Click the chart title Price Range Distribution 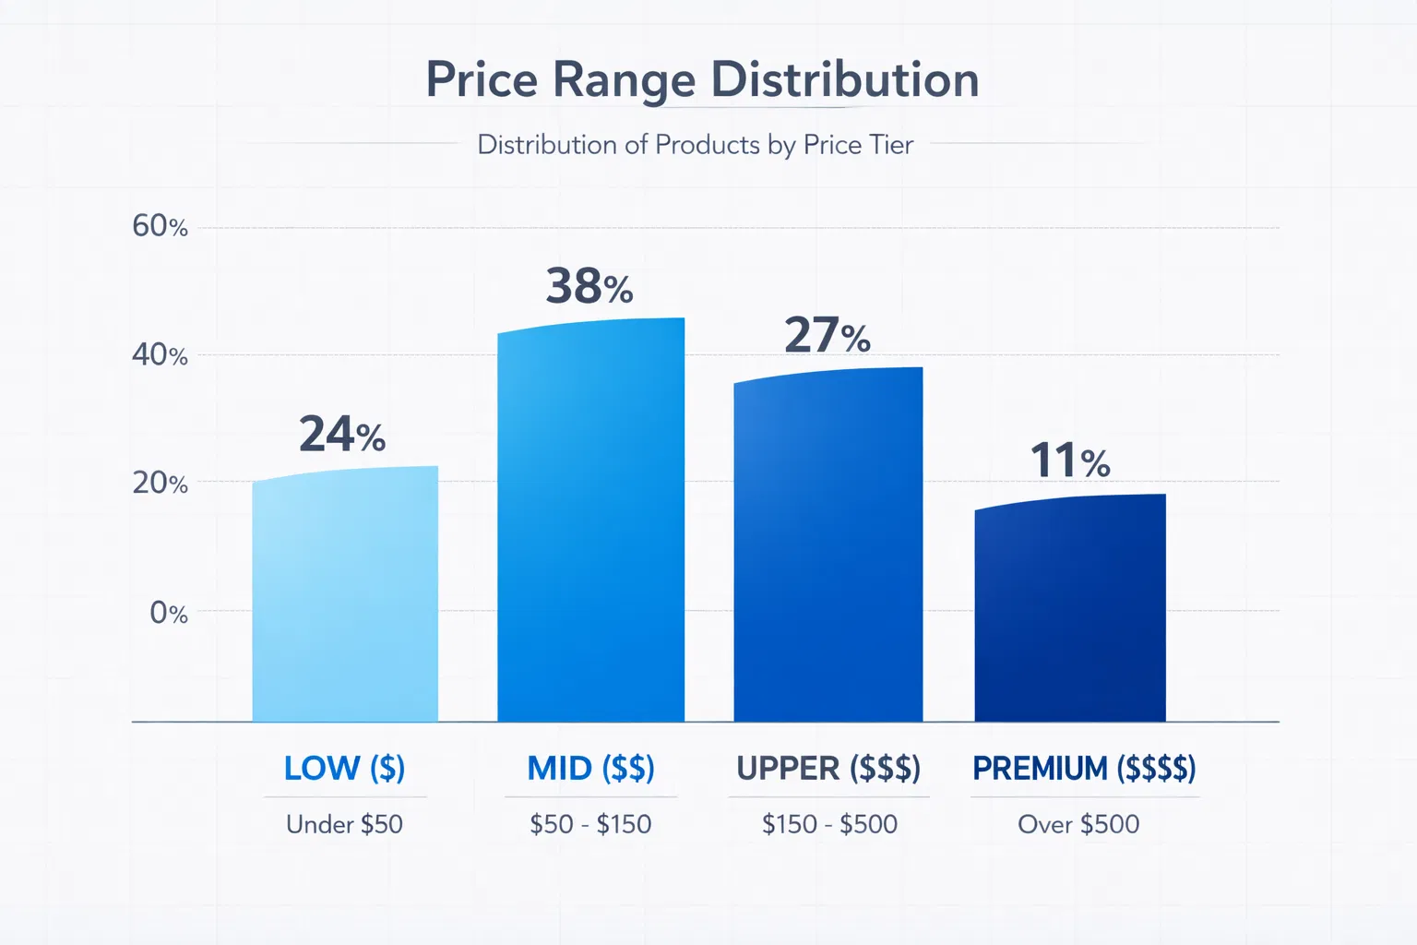pos(702,80)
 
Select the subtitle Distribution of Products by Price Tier pos(695,145)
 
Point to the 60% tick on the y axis pos(160,226)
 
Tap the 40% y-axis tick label pos(160,354)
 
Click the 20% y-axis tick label pos(160,483)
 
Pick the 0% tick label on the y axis pos(168,613)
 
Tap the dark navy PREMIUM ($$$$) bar pos(1070,609)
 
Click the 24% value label pos(341,435)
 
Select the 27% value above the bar pos(828,335)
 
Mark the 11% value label pos(1070,461)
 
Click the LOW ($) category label pos(344,768)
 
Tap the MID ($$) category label pos(590,768)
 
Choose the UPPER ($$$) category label pos(828,768)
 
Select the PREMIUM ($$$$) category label pos(1084,768)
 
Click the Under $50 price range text pos(344,824)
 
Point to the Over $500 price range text pos(1078,824)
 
